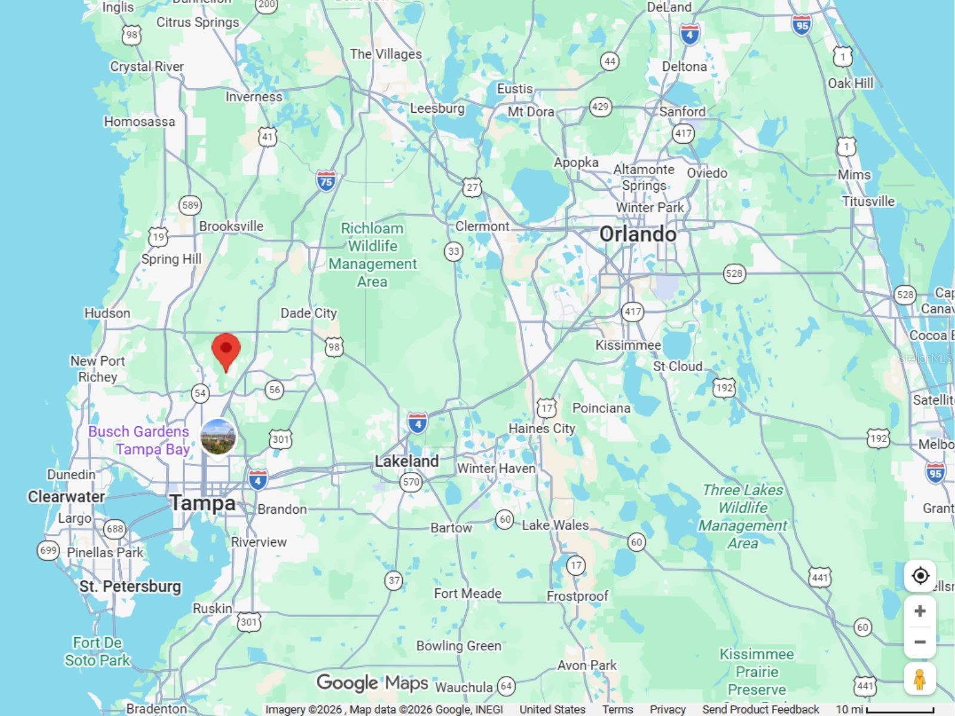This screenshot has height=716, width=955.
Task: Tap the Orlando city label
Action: [x=637, y=234]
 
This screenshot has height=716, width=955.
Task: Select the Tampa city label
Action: [x=203, y=503]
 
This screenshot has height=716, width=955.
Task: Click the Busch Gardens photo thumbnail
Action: [x=218, y=436]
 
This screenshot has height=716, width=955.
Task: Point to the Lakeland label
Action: [x=406, y=461]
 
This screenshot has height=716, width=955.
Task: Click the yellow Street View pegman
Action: [x=919, y=678]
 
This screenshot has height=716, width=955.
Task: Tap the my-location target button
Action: [x=920, y=576]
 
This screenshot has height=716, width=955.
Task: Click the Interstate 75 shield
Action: [x=326, y=181]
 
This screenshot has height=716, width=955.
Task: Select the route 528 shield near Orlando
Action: [x=734, y=274]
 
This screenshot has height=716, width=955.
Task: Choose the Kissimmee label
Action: [x=628, y=345]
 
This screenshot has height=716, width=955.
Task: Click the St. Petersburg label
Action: [x=130, y=587]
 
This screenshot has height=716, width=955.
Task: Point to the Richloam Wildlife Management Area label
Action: [x=372, y=255]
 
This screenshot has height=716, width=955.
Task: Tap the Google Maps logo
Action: [x=372, y=683]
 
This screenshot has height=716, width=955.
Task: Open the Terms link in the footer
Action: [x=617, y=709]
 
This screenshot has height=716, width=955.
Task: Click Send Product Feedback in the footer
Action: [x=760, y=709]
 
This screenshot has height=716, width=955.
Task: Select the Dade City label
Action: [x=309, y=313]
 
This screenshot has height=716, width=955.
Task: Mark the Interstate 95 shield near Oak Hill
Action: [x=802, y=25]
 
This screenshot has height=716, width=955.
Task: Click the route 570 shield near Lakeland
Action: [x=411, y=482]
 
